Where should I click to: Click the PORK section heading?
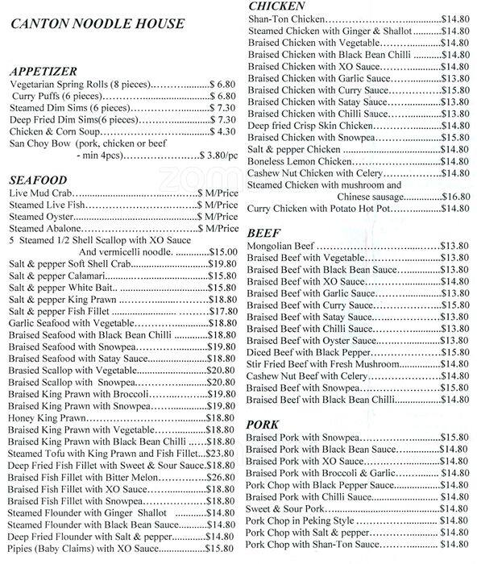coord(263,424)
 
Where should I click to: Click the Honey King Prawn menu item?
coord(47,419)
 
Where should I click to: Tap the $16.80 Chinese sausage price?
coord(454,196)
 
